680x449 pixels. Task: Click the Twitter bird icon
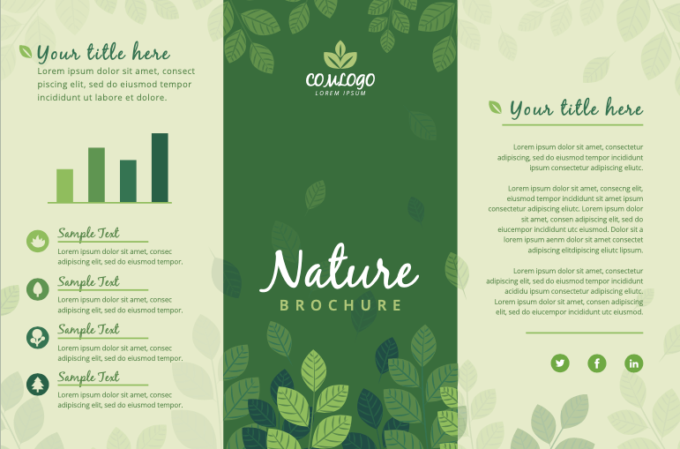click(x=560, y=363)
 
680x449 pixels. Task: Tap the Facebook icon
click(x=597, y=363)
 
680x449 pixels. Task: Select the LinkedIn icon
click(x=634, y=363)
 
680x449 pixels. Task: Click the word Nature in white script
click(x=339, y=270)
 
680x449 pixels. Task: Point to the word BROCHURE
click(x=340, y=305)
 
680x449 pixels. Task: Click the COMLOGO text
click(x=340, y=80)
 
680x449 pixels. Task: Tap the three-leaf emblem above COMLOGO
click(x=340, y=56)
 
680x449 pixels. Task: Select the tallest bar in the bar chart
click(x=160, y=168)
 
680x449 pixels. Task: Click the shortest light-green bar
click(x=65, y=185)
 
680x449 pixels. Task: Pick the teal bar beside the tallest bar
click(x=128, y=181)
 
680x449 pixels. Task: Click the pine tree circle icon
click(x=37, y=384)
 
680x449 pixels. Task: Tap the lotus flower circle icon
click(x=37, y=240)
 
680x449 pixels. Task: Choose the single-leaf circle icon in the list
click(x=37, y=288)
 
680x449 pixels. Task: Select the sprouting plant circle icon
click(x=37, y=336)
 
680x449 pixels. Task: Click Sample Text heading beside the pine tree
click(x=88, y=378)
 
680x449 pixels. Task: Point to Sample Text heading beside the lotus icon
click(x=88, y=234)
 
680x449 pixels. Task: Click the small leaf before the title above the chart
click(x=26, y=52)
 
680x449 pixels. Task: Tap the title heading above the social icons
click(x=576, y=109)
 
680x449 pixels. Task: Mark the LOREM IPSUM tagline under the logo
click(x=340, y=93)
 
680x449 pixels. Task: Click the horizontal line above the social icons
click(x=584, y=333)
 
